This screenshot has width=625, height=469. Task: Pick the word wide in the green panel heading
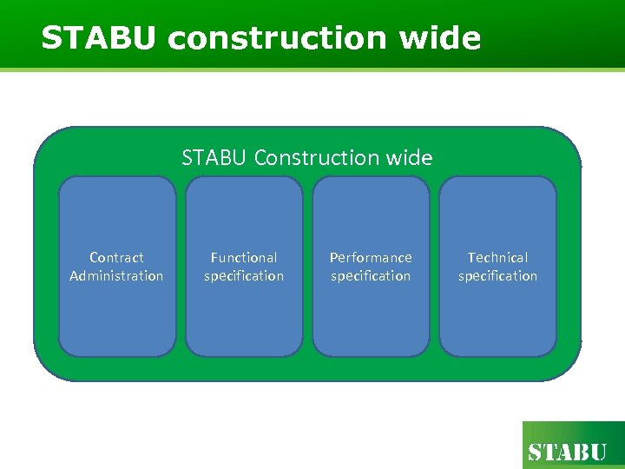point(411,157)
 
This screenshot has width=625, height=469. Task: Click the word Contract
point(116,257)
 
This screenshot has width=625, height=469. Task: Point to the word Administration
point(116,276)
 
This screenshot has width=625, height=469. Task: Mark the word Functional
point(244,257)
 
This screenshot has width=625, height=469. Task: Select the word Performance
point(371,257)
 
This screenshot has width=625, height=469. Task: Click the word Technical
point(497,257)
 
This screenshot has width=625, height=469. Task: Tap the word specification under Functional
point(244,276)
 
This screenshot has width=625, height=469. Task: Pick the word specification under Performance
point(371,276)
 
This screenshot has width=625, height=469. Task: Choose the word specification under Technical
point(497,276)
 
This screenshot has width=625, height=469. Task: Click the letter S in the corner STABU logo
point(536,452)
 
